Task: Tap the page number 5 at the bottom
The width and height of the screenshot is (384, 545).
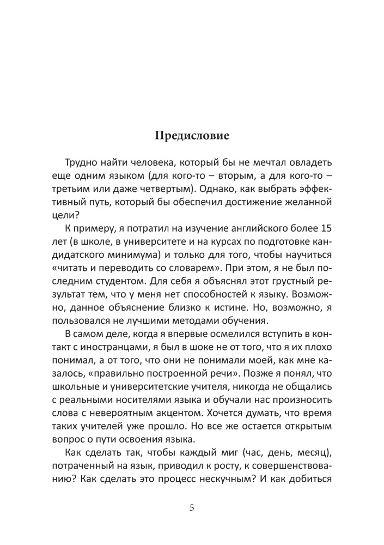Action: click(x=192, y=508)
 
